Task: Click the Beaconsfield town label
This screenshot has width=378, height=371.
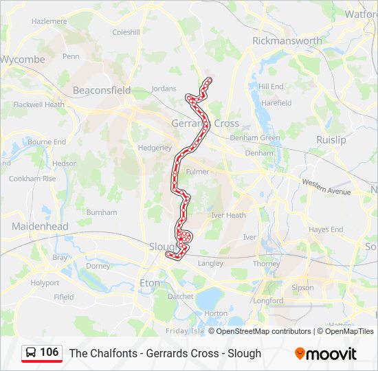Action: (102, 90)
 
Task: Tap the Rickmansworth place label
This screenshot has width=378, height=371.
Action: (287, 41)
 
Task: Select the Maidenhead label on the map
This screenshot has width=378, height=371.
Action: (40, 226)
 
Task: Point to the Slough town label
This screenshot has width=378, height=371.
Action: (164, 246)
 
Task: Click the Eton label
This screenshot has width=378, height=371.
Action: (149, 282)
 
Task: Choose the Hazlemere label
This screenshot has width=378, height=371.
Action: (49, 21)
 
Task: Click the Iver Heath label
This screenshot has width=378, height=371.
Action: (229, 215)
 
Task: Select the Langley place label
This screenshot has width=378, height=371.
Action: (210, 263)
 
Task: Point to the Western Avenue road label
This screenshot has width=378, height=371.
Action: (326, 185)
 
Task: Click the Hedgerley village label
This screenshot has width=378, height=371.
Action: (155, 148)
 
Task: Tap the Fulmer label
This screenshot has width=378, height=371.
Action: (197, 172)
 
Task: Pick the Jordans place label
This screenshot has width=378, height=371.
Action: (164, 89)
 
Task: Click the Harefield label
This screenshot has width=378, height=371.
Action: (276, 103)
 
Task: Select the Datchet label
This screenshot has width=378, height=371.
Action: (181, 297)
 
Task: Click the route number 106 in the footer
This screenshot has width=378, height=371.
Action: (49, 352)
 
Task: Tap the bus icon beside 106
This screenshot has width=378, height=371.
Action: (31, 352)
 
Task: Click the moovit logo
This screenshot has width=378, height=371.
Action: (326, 353)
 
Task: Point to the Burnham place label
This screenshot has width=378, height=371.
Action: (102, 212)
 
